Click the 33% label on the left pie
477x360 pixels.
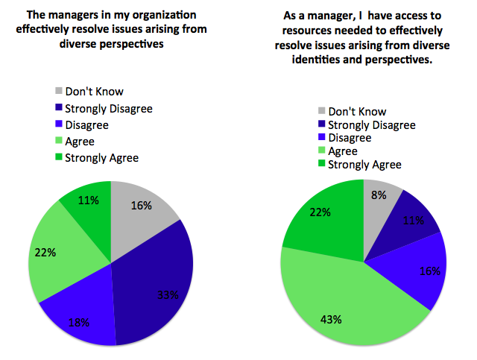click(168, 294)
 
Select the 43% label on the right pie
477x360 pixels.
click(332, 320)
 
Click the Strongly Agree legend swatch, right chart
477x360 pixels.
click(322, 165)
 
